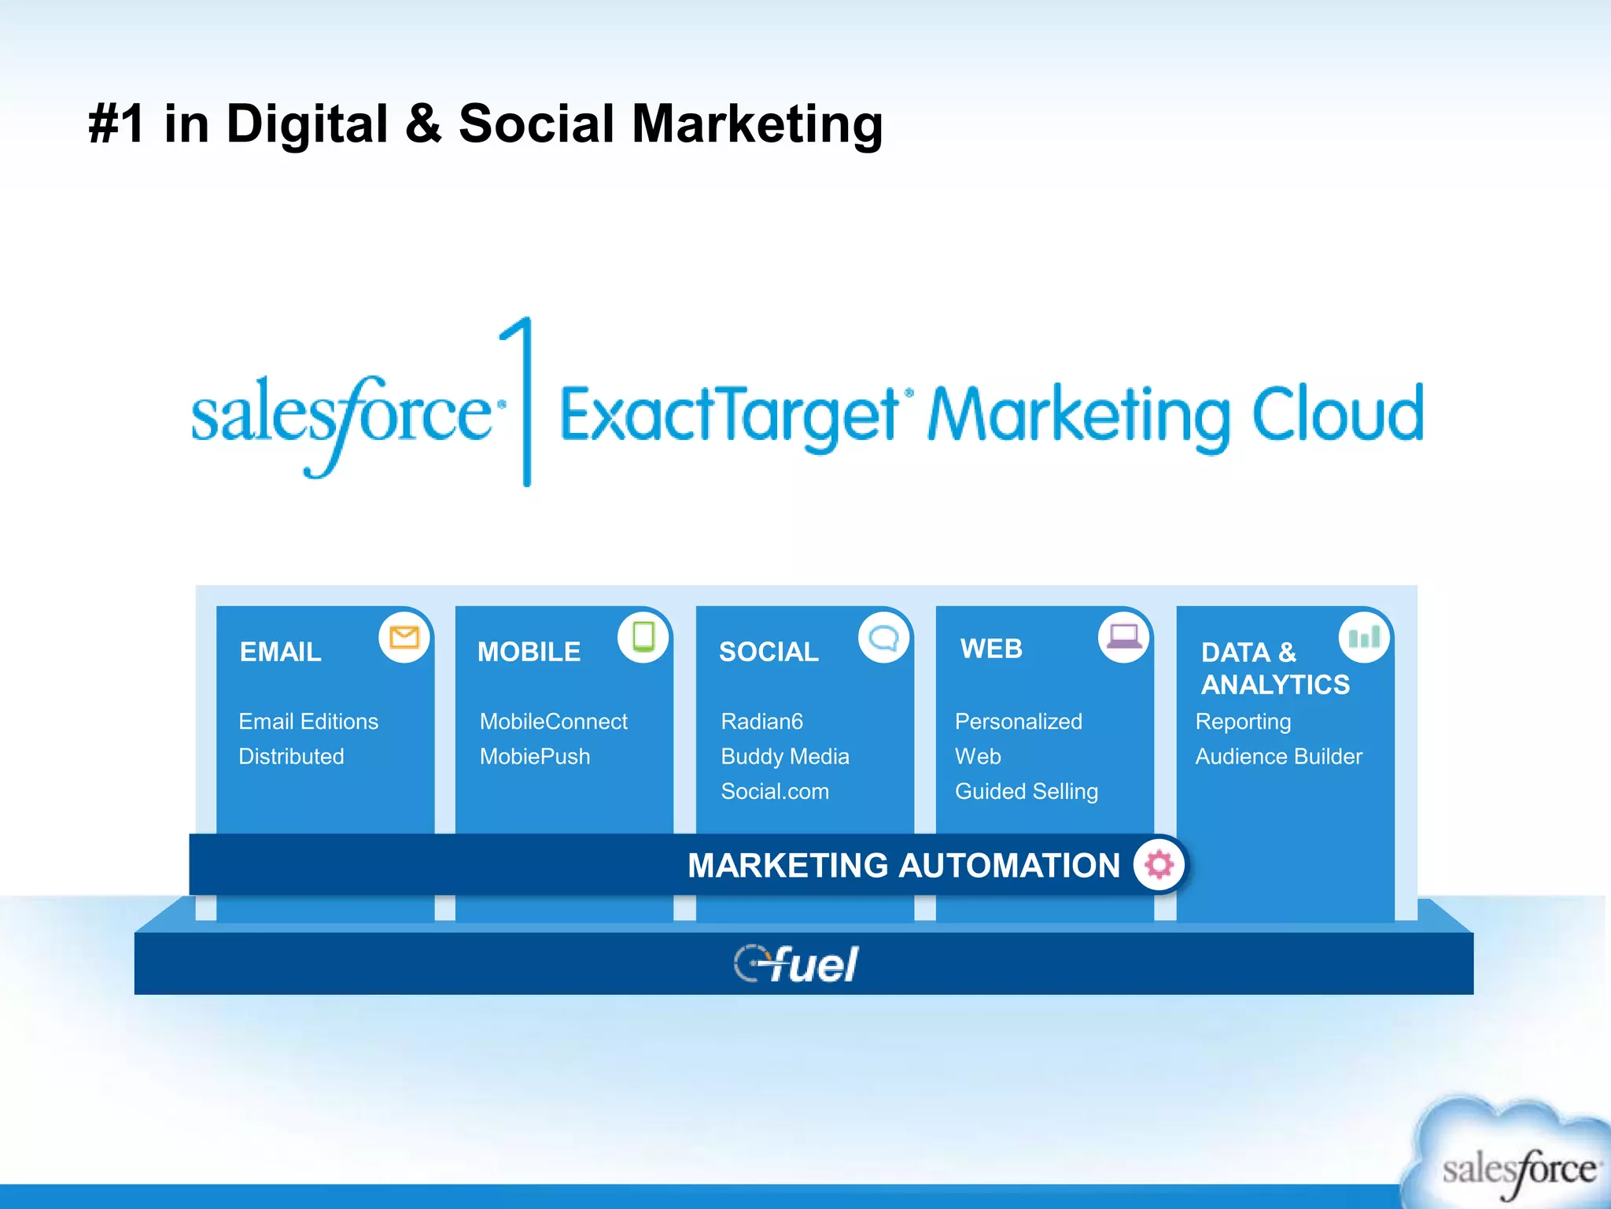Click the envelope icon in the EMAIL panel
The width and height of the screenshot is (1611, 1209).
click(404, 637)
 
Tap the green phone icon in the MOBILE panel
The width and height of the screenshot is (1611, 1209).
click(643, 637)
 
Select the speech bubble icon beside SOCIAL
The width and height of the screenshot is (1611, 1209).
click(884, 637)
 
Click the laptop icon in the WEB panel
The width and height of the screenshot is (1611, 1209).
click(1124, 636)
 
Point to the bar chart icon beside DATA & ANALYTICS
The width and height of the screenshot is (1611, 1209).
click(1365, 637)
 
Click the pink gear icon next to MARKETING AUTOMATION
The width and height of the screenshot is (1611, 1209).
click(1159, 864)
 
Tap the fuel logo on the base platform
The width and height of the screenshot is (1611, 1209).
click(796, 963)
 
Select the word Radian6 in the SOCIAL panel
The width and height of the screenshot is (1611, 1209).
click(761, 721)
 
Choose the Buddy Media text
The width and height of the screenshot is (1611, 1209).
click(785, 756)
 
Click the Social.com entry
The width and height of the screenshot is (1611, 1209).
click(775, 791)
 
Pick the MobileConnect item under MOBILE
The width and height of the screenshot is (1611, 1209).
click(554, 721)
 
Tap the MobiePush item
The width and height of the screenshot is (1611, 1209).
click(535, 756)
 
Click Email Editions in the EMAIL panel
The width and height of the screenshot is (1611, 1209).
click(308, 721)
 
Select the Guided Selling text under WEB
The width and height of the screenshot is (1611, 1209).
click(1027, 791)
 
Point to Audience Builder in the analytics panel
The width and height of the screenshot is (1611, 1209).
click(1279, 756)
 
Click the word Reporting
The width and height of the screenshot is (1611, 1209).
click(1244, 722)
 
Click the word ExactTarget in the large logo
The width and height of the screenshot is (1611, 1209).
click(729, 416)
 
